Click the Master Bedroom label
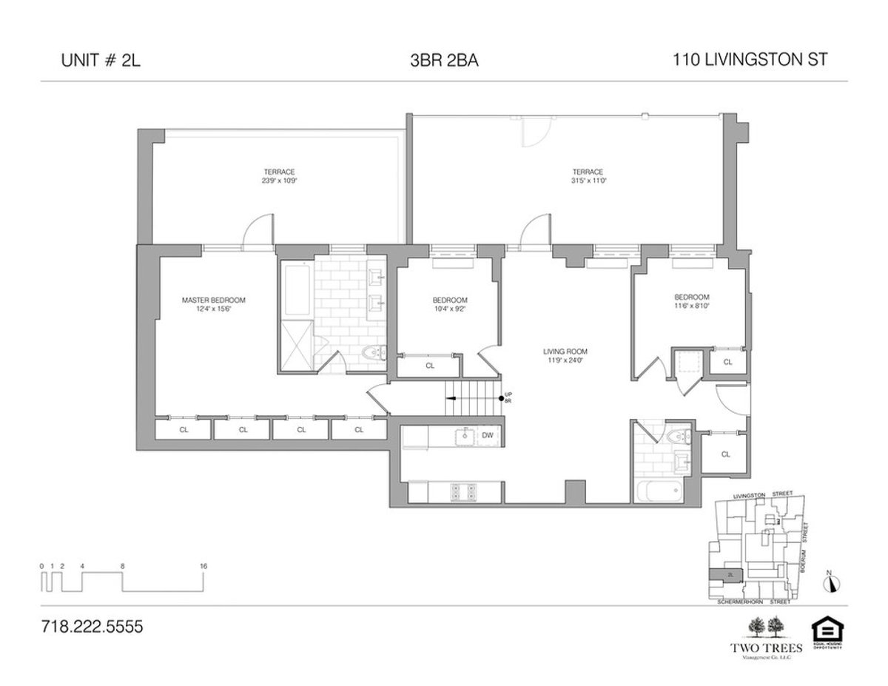point(214,300)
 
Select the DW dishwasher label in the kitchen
point(487,435)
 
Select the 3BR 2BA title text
point(444,61)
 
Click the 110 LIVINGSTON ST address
point(750,61)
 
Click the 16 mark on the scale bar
point(203,566)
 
